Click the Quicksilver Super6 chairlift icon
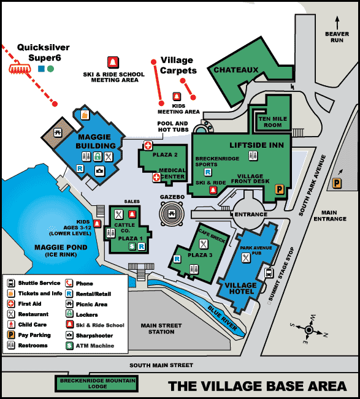[x=20, y=68]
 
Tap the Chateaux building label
[x=236, y=70]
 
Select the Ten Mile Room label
[x=270, y=121]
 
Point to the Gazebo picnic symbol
[x=172, y=215]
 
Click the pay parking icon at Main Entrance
[x=337, y=183]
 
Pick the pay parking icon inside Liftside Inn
[x=279, y=190]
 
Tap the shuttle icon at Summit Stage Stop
[x=269, y=273]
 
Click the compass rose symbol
[x=309, y=329]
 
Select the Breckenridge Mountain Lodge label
[x=98, y=384]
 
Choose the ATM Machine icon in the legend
[x=69, y=346]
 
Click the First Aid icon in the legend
[x=11, y=304]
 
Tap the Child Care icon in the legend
[x=11, y=325]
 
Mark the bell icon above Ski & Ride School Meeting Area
[x=113, y=63]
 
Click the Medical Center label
[x=172, y=174]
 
